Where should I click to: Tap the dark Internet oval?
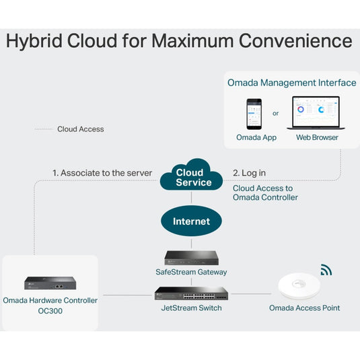191,221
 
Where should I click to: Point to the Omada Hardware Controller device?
50,283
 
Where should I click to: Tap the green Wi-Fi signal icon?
326,271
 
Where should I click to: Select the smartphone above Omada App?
254,114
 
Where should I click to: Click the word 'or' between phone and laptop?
276,114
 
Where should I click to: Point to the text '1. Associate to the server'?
102,173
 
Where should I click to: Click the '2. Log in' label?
249,173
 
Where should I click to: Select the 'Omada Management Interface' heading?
291,83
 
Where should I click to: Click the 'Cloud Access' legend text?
81,129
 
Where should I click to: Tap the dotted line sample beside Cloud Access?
44,129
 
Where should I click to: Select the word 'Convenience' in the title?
297,42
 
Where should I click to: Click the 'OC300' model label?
50,312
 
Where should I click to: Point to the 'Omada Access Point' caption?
304,308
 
